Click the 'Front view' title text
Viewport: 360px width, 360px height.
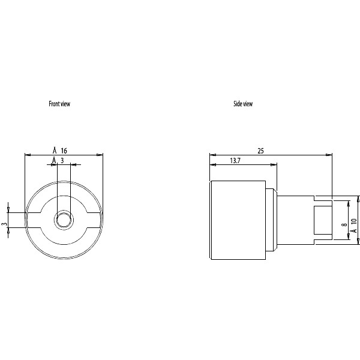[x=59, y=104]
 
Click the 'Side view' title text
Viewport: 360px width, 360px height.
[x=243, y=104]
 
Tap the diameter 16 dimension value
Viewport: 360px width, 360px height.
[x=60, y=151]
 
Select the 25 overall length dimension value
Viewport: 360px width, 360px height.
[x=260, y=151]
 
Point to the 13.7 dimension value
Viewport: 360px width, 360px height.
[x=235, y=161]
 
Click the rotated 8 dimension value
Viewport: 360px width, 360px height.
[x=344, y=224]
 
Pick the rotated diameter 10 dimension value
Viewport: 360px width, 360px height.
[x=354, y=226]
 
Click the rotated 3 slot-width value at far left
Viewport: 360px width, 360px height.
[x=5, y=224]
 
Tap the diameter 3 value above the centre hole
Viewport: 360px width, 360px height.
[x=58, y=161]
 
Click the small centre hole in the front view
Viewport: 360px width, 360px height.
[x=64, y=220]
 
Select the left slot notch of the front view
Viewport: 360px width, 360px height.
[x=33, y=220]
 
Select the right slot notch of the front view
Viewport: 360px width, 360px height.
[x=94, y=220]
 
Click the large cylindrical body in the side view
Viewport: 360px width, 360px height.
[x=238, y=220]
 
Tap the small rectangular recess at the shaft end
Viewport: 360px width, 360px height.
[x=323, y=220]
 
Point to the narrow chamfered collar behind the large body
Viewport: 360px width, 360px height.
[x=271, y=220]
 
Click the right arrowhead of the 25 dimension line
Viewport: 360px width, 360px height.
[x=329, y=155]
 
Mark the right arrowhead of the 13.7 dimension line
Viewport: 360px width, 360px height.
[x=274, y=164]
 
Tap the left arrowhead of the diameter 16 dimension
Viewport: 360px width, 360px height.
[x=28, y=155]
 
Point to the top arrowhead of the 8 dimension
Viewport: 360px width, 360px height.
[x=349, y=203]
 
